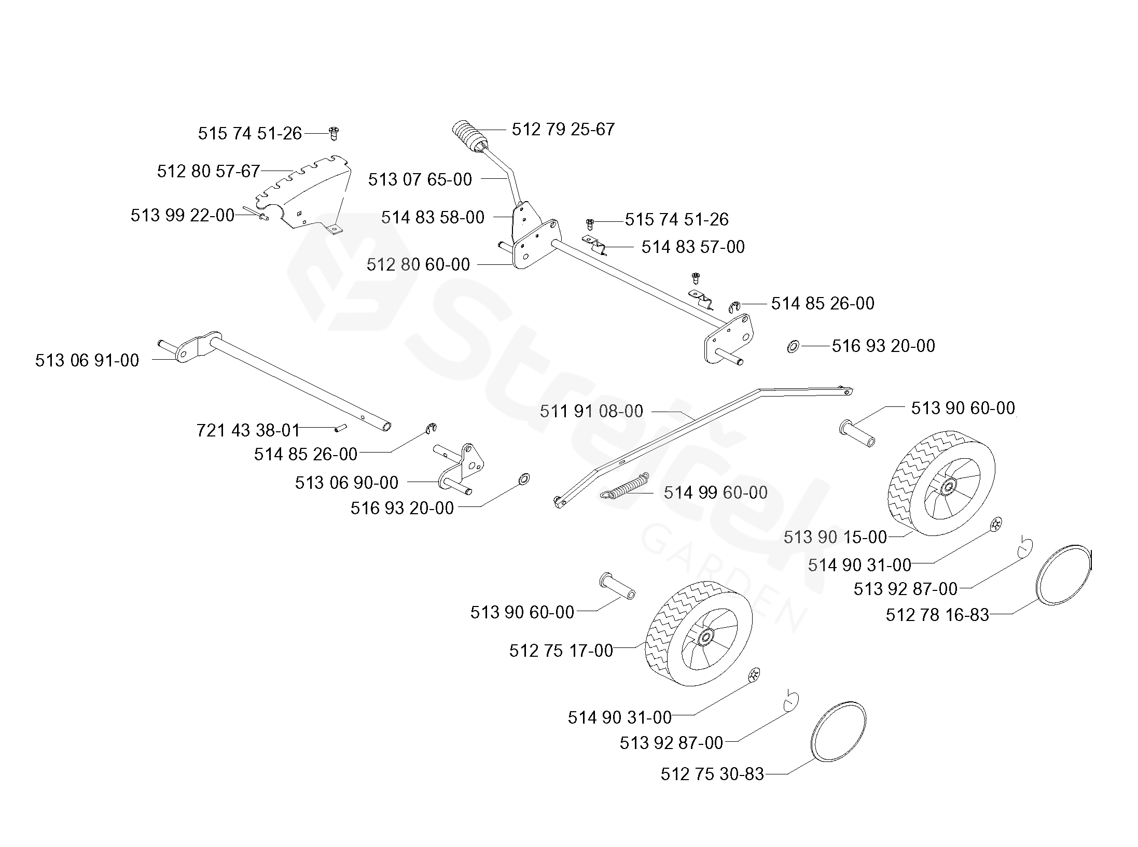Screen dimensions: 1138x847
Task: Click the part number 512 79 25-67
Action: click(x=563, y=129)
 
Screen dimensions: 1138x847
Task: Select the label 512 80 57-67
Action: click(x=208, y=171)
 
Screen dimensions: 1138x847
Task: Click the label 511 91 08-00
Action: click(x=591, y=411)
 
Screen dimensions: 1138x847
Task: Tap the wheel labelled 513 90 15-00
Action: click(x=941, y=483)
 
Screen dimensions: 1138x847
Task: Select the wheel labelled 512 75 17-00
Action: click(x=698, y=633)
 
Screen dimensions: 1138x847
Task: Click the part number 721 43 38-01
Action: click(x=248, y=430)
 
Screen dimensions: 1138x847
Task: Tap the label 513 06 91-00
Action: click(x=87, y=360)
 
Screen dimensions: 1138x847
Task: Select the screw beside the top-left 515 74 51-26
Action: click(x=334, y=133)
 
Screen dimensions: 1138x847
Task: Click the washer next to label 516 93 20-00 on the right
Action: click(x=793, y=346)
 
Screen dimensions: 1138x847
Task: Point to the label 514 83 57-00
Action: click(x=693, y=247)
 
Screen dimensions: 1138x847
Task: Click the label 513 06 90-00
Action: click(x=346, y=483)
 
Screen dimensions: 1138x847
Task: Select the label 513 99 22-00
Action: click(x=183, y=215)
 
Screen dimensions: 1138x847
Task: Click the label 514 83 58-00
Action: click(x=433, y=217)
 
